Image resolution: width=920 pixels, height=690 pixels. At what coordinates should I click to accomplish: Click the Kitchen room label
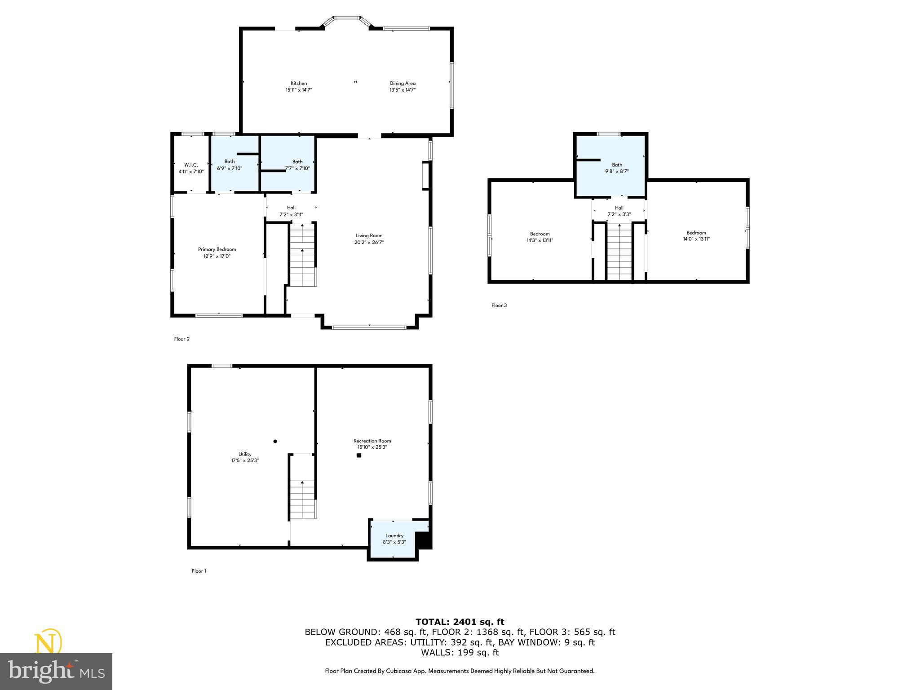pos(299,83)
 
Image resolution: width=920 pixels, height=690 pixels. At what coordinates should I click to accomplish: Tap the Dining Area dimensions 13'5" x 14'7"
pos(402,90)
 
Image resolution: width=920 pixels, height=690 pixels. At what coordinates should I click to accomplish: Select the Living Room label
pos(369,235)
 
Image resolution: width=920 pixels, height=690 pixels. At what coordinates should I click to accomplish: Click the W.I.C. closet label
pos(191,165)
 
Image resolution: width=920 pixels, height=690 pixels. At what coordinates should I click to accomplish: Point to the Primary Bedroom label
pos(217,249)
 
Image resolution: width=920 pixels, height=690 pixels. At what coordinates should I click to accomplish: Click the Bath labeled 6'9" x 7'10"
pos(230,165)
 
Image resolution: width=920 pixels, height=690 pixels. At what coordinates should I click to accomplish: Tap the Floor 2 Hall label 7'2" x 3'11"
pos(291,211)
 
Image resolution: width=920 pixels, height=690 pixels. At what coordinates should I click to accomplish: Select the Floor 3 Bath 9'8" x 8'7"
pos(617,168)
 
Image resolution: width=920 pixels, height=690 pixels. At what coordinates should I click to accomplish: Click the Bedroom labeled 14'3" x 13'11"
pos(540,237)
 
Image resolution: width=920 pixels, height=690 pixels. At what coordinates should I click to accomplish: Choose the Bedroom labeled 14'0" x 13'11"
pos(696,236)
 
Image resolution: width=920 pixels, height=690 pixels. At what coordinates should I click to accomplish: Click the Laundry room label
pos(394,535)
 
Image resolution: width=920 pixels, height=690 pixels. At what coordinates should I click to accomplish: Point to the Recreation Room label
pos(372,441)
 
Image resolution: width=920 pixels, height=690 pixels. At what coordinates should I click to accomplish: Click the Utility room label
pos(245,454)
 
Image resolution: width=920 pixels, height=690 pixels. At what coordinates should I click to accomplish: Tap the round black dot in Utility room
pos(275,441)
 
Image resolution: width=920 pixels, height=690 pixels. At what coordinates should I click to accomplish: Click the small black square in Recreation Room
pos(359,456)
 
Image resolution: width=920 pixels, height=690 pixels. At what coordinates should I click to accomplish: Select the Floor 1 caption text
pos(199,571)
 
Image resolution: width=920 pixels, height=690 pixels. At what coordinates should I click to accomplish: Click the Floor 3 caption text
pos(499,305)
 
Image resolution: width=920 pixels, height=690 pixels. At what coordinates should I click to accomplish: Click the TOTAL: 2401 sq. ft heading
pos(460,622)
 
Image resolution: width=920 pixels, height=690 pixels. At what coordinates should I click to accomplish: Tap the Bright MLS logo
pos(56,671)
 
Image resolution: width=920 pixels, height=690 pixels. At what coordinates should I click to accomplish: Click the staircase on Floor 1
pos(303,499)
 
